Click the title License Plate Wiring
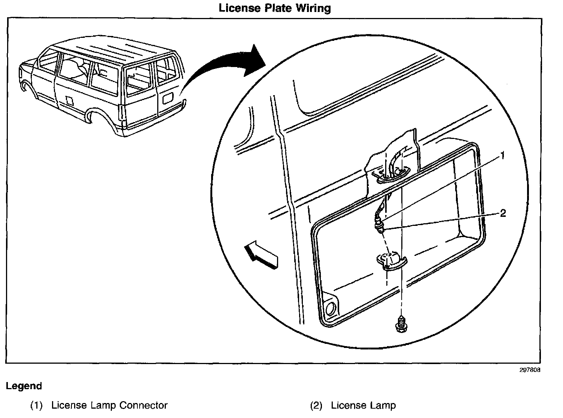point(275,8)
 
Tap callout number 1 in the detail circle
point(503,155)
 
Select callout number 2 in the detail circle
point(503,213)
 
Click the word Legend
point(24,386)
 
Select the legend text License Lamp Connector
point(109,405)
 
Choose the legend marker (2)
point(316,405)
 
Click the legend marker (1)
point(37,405)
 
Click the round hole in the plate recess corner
point(330,308)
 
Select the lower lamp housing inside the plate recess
point(392,261)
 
